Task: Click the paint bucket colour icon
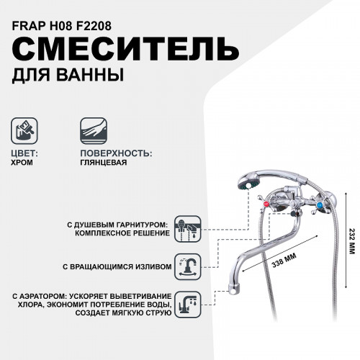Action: coord(27,130)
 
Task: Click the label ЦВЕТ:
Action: coord(27,153)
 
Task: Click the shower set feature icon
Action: coord(190,228)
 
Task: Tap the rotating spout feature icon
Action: coord(190,266)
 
